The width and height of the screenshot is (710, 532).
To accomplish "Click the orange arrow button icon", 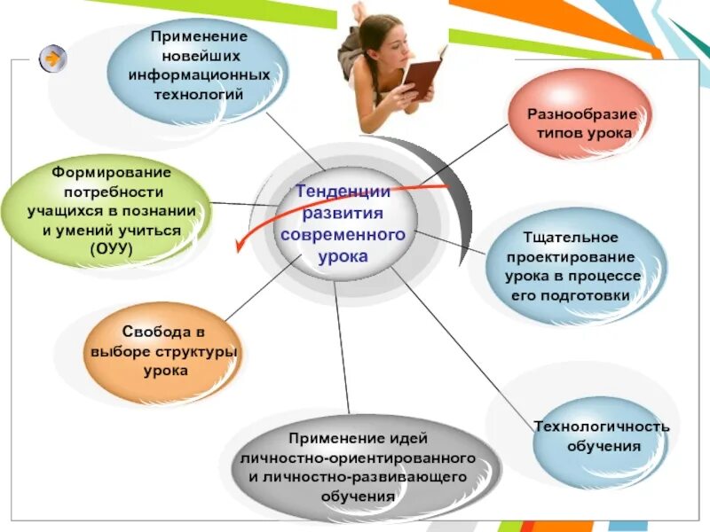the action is pos(53,59).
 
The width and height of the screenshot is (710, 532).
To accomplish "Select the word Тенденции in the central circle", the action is pos(343,192).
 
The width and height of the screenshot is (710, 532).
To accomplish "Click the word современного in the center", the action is pos(343,235).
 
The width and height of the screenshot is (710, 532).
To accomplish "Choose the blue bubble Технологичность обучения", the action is pos(601,436).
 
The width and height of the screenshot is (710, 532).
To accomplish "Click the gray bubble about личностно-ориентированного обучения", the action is pos(359,467).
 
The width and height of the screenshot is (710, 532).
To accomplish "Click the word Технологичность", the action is pos(602,426).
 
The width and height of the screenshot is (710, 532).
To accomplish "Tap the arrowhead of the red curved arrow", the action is pos(238,246).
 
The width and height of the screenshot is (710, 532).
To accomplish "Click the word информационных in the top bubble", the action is pos(199,74).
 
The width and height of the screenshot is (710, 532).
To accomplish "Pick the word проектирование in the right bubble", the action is pos(571,257).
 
